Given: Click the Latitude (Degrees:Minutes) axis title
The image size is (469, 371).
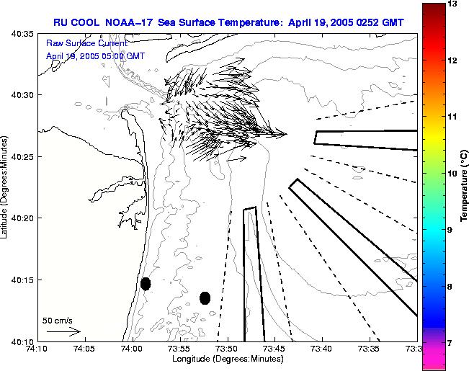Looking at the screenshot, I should coord(6,187).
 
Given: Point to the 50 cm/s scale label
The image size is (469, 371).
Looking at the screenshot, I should coord(58,321).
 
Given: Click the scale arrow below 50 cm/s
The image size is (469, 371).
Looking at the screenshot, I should coord(63,331).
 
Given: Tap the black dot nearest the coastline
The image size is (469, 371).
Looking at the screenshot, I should coord(146,284).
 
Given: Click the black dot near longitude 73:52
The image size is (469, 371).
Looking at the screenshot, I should coord(205,298).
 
